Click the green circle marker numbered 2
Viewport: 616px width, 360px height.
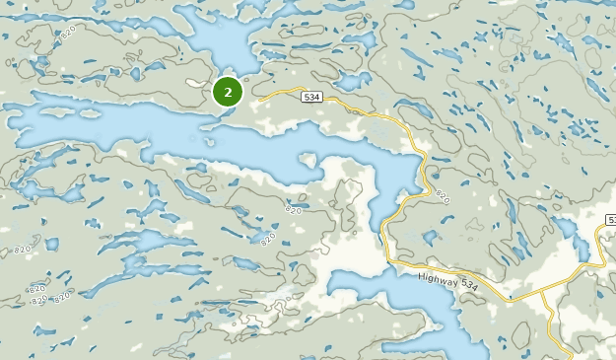coord(228,93)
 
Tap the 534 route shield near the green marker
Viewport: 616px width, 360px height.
coord(311,97)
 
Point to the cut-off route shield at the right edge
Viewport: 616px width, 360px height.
coord(611,219)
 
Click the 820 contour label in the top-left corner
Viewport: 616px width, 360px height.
coord(67,33)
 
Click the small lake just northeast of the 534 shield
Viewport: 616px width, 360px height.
coord(351,81)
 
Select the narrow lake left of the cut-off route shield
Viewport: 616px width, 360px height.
coord(570,232)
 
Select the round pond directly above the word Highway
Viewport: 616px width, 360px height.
coord(430,237)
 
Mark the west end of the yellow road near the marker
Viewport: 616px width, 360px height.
coord(258,101)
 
